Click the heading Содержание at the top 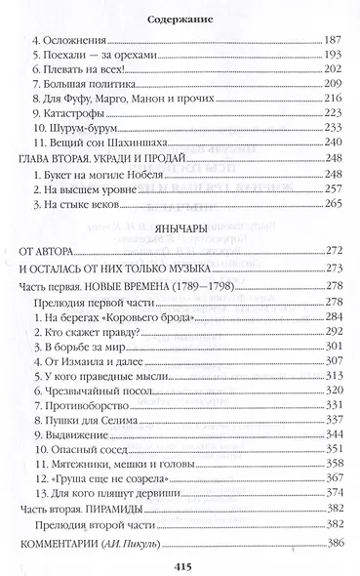(179, 18)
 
